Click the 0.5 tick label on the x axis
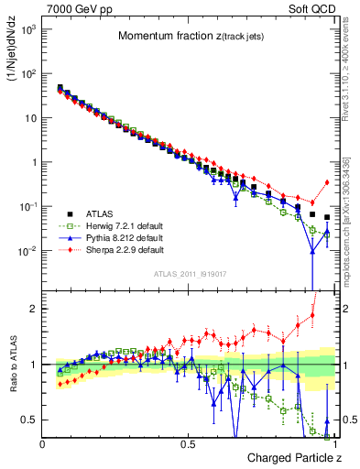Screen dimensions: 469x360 coord(189,443)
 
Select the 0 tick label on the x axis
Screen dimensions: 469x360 coord(43,443)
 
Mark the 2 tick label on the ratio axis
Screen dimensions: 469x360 coord(34,309)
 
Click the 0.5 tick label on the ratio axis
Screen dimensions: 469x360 coord(30,420)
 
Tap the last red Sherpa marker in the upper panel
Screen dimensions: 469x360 coord(327,182)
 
